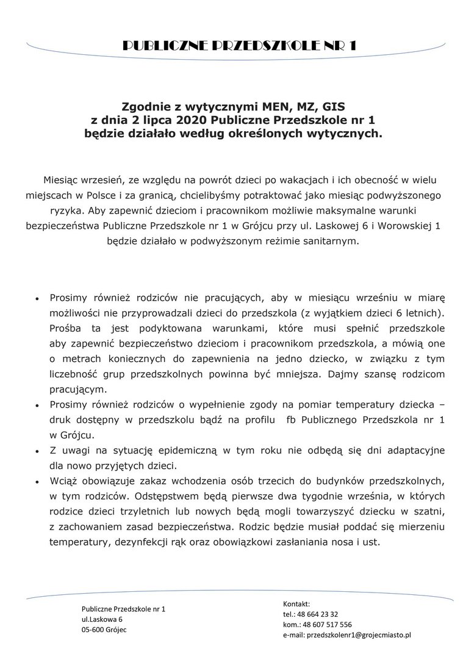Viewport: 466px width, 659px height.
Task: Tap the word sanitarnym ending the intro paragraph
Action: [332, 241]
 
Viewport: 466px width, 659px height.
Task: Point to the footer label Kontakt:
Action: [296, 603]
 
